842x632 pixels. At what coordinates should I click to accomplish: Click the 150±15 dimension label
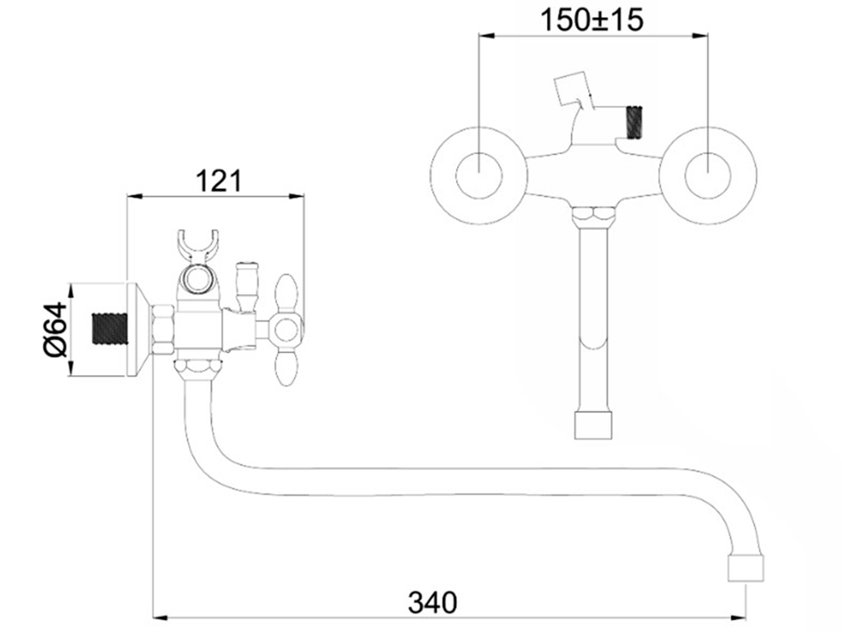click(x=592, y=21)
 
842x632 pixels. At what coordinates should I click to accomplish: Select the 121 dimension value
click(x=218, y=181)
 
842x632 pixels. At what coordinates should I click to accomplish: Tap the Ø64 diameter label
click(x=56, y=329)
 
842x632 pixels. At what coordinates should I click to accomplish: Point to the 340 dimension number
click(x=433, y=602)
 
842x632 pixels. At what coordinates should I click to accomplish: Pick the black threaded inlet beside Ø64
click(x=111, y=329)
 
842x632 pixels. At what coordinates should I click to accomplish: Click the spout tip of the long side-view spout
click(x=746, y=569)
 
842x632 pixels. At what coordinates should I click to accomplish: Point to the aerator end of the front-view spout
click(x=593, y=425)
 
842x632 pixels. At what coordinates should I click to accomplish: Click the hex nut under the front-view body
click(x=593, y=218)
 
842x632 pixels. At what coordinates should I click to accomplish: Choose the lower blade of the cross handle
click(x=285, y=365)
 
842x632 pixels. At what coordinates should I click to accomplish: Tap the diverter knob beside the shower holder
click(x=247, y=285)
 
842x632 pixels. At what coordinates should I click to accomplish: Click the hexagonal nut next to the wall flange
click(x=163, y=330)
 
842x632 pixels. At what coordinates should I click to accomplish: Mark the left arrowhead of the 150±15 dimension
click(x=486, y=36)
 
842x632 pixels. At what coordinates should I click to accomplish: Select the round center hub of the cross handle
click(x=287, y=330)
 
